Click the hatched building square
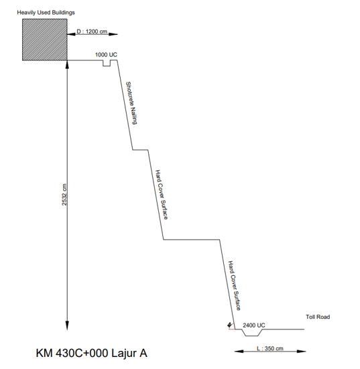click(45, 40)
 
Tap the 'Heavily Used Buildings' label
click(46, 13)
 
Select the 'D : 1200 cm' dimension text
click(92, 31)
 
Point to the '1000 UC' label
click(106, 55)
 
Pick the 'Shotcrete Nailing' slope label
click(131, 103)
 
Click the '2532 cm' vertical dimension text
click(64, 195)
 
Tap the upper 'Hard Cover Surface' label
click(162, 195)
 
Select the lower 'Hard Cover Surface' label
click(235, 285)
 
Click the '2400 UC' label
click(254, 325)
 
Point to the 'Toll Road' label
click(318, 317)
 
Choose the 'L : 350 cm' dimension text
click(270, 348)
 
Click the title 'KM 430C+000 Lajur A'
click(91, 353)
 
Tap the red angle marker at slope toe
click(231, 326)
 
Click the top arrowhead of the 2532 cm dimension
click(67, 64)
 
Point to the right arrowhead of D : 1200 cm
click(113, 34)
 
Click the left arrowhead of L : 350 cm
click(239, 352)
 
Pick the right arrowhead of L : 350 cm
click(301, 352)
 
